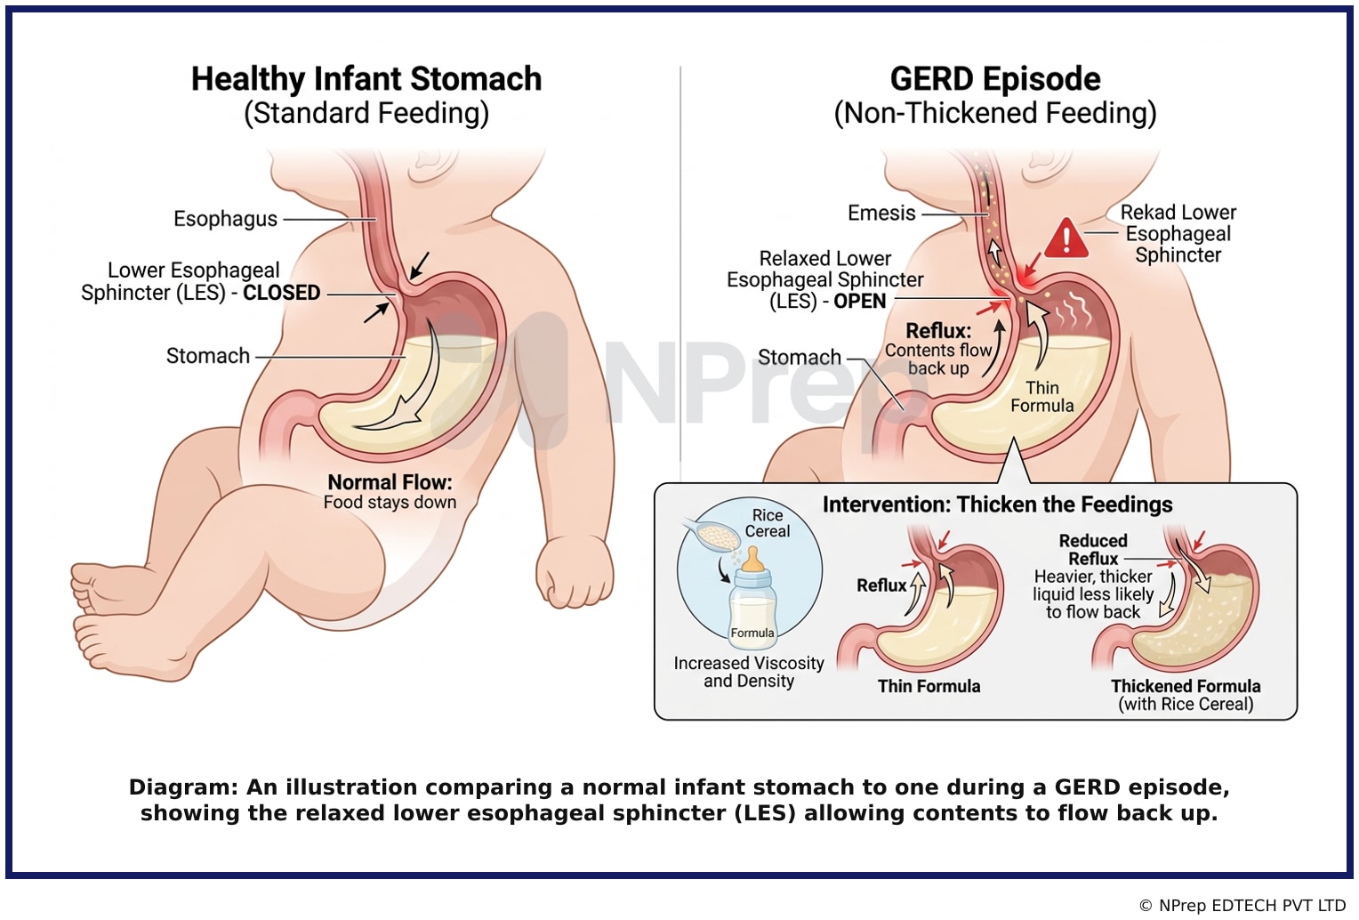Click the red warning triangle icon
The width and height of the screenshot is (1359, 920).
point(1065,238)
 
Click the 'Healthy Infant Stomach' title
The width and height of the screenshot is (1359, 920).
point(366,79)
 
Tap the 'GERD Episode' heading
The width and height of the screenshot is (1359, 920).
point(995,79)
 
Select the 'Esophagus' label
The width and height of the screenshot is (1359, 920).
point(225,219)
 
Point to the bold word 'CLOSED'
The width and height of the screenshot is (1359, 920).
point(282,293)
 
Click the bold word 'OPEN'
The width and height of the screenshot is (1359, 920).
point(860,301)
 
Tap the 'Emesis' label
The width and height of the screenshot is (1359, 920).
point(881,213)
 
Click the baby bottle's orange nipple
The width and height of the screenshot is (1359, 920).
point(753,559)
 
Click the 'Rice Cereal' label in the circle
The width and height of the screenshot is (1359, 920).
point(768,523)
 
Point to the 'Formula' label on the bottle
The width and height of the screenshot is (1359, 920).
point(752,633)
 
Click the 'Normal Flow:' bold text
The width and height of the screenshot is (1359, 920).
point(390,482)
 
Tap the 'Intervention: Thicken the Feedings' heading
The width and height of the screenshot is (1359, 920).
point(997,504)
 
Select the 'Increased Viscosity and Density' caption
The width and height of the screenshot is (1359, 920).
point(749,672)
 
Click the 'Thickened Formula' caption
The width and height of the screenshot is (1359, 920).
point(1186,686)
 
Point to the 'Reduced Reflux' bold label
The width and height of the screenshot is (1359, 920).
point(1093,550)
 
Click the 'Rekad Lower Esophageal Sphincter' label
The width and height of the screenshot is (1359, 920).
point(1178,234)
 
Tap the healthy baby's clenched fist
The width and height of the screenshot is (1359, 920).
point(574,571)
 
